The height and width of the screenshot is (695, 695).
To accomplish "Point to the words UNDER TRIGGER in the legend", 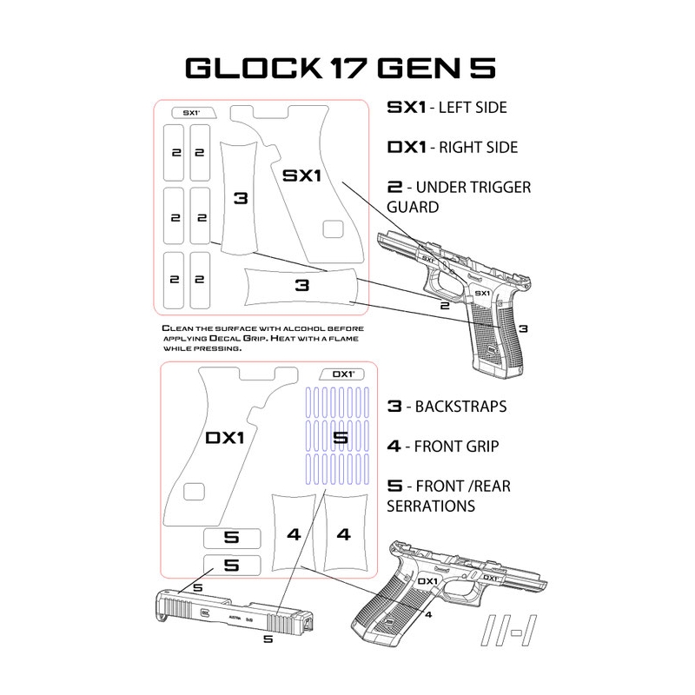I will [x=474, y=187].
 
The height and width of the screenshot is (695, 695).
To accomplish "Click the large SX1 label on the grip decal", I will [x=302, y=175].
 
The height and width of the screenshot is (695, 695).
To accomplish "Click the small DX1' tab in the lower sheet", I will [x=342, y=374].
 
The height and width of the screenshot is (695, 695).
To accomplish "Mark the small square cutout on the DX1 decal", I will [x=196, y=494].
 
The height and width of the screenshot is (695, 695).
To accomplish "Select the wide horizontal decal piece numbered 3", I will [x=301, y=285].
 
